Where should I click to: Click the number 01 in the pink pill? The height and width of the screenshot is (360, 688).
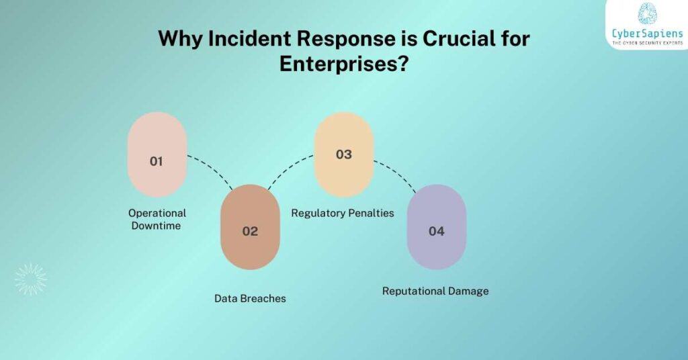pos(157,161)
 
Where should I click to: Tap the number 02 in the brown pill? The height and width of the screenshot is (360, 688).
pos(250,231)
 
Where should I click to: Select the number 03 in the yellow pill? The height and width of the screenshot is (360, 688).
pos(343,154)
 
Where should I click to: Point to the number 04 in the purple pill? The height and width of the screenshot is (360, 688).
pos(436,231)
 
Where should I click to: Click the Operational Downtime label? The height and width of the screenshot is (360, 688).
pos(157,219)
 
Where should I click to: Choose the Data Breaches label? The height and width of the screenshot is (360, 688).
pos(250,298)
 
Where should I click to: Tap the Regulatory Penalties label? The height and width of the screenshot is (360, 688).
pos(342,213)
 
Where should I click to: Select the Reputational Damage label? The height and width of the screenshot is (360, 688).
pos(435,291)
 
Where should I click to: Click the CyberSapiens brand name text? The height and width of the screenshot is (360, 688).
pos(647,34)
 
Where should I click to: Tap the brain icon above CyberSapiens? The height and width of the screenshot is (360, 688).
pos(647,14)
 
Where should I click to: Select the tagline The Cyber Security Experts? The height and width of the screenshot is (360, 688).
pos(647,44)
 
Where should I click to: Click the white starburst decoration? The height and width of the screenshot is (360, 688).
pos(31,279)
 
